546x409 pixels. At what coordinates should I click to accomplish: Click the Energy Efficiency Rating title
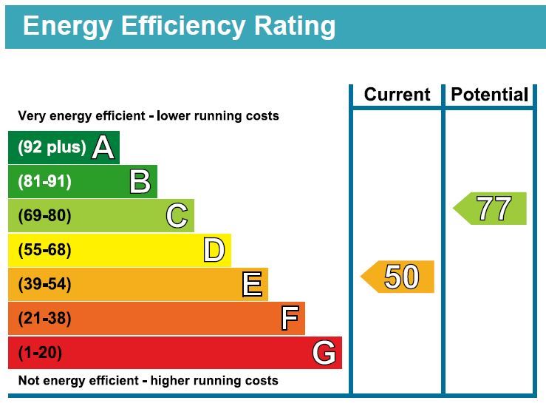tap(180, 26)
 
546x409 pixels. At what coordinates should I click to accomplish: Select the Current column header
tap(397, 95)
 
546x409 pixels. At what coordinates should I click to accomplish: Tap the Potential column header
tap(489, 95)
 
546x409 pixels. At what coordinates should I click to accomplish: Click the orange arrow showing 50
tap(398, 277)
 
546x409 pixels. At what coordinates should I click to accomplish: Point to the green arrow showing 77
tap(491, 209)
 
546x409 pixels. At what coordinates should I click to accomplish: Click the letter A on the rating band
tap(103, 147)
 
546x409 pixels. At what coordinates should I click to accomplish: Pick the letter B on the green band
tap(140, 181)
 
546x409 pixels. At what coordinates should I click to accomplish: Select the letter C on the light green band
tap(177, 216)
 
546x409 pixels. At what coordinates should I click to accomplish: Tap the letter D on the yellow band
tap(214, 251)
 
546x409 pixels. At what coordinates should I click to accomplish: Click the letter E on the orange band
tap(252, 284)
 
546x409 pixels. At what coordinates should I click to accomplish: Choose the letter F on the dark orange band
tap(290, 319)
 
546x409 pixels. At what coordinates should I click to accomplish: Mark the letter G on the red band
tap(324, 353)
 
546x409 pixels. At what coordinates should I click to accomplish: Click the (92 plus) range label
tap(52, 147)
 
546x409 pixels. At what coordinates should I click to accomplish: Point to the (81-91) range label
tap(45, 181)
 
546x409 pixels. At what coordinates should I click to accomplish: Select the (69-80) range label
tap(45, 216)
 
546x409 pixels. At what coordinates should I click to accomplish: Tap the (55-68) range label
tap(45, 250)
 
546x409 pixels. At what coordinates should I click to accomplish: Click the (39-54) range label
tap(45, 284)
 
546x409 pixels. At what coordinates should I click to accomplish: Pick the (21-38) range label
tap(45, 319)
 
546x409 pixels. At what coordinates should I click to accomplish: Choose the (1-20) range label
tap(41, 353)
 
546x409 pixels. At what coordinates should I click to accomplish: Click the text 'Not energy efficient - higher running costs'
tap(148, 381)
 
